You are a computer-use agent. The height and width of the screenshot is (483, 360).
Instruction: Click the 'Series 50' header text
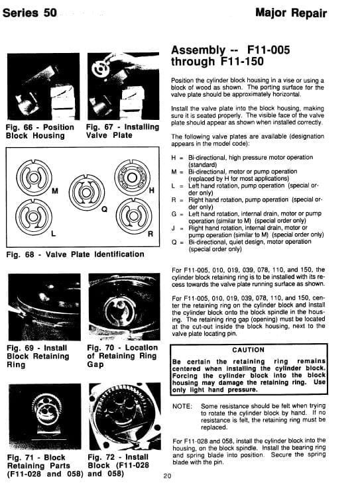coord(30,13)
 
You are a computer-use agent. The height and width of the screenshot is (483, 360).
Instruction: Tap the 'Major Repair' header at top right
coord(291,13)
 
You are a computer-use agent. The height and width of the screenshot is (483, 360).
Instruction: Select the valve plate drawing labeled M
coord(34,178)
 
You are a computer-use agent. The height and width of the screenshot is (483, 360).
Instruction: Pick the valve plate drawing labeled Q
coord(87,192)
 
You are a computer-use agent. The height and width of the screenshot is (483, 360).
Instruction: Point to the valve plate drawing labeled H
coord(132,178)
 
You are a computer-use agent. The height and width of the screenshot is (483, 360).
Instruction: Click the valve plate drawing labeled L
coord(34,216)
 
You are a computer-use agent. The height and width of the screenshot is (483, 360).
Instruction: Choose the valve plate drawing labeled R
coord(134,215)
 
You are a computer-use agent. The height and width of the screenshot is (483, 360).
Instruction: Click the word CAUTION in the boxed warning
coord(248,350)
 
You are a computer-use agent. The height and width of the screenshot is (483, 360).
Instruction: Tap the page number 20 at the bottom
coord(167,476)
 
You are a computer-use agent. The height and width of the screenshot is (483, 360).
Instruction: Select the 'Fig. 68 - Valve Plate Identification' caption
coord(75,254)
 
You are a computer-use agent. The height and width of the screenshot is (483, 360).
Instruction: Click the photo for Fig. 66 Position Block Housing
coord(43,87)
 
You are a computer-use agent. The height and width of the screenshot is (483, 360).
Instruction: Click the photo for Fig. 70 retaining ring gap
coord(124,307)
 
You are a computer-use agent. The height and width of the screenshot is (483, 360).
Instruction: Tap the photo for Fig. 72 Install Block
coord(125,416)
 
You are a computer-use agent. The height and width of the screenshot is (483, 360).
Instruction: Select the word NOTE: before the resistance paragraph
coord(182,407)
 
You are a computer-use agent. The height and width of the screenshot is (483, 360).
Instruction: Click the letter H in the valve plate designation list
coord(174,158)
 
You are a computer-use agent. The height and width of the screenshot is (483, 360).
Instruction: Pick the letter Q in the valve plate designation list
coord(174,242)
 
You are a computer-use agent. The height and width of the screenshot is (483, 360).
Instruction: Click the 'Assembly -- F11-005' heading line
coord(231,50)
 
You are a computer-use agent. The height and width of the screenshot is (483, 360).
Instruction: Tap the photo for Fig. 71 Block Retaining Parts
coord(45,417)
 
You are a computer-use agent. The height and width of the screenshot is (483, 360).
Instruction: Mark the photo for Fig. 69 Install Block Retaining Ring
coord(44,307)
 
